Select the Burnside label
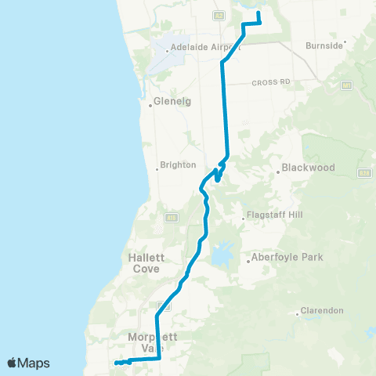pos(325,45)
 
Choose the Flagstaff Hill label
pos(273,215)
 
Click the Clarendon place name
pos(322,311)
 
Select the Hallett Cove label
pos(143,262)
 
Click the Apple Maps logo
pos(28,363)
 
